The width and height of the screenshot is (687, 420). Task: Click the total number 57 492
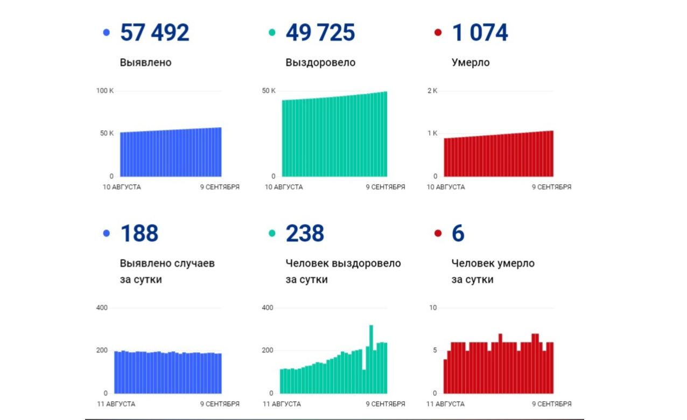[155, 33]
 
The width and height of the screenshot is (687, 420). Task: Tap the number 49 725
[320, 33]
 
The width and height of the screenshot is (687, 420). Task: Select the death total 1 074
[480, 33]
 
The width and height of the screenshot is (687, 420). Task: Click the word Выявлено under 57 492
[145, 62]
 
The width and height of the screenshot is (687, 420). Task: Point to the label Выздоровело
[320, 62]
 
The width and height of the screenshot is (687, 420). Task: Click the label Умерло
[470, 62]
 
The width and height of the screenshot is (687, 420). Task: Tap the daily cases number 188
[139, 234]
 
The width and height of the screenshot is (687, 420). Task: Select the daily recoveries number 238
[305, 234]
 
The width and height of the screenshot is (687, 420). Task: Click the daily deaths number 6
[458, 234]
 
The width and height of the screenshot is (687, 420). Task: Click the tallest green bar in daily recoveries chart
[371, 358]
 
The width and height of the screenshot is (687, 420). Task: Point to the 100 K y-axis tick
[105, 90]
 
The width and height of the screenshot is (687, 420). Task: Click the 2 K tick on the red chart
[432, 90]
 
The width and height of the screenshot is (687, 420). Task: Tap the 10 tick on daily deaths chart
[432, 308]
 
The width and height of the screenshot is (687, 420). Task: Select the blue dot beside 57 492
[106, 33]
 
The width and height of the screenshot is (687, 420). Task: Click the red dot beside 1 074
[438, 33]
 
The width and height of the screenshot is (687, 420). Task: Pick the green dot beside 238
[272, 234]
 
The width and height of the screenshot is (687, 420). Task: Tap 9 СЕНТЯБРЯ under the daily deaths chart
[551, 404]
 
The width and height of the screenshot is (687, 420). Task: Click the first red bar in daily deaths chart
[445, 376]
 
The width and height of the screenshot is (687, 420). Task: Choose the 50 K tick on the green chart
[269, 90]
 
